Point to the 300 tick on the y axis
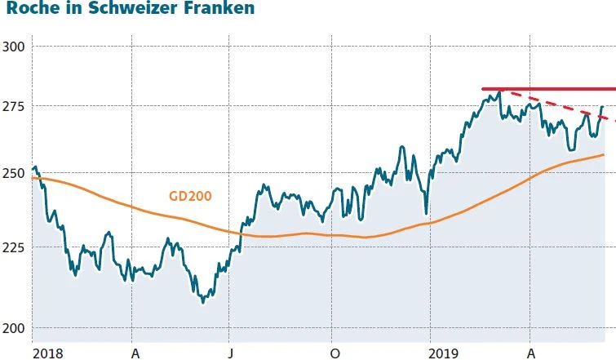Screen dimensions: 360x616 [x=14, y=46]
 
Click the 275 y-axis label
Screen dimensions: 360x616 [x=14, y=106]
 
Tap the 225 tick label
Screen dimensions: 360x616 [x=14, y=247]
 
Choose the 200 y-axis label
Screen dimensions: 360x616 [x=14, y=328]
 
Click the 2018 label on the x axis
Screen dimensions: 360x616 [x=47, y=352]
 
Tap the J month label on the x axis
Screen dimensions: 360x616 [x=231, y=352]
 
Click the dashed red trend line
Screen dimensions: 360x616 [x=563, y=108]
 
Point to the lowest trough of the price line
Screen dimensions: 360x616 [x=202, y=302]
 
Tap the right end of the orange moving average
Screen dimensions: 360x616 [x=603, y=154]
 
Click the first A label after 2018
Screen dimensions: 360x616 [x=134, y=352]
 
